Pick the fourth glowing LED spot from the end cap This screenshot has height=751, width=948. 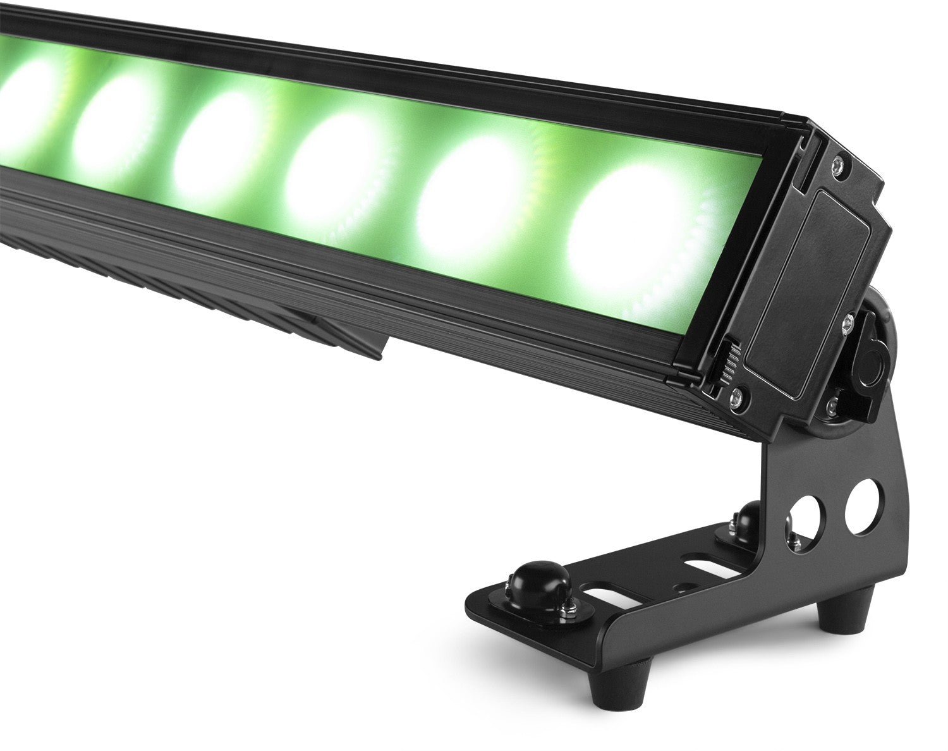218,142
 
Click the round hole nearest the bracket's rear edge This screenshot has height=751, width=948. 862,506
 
